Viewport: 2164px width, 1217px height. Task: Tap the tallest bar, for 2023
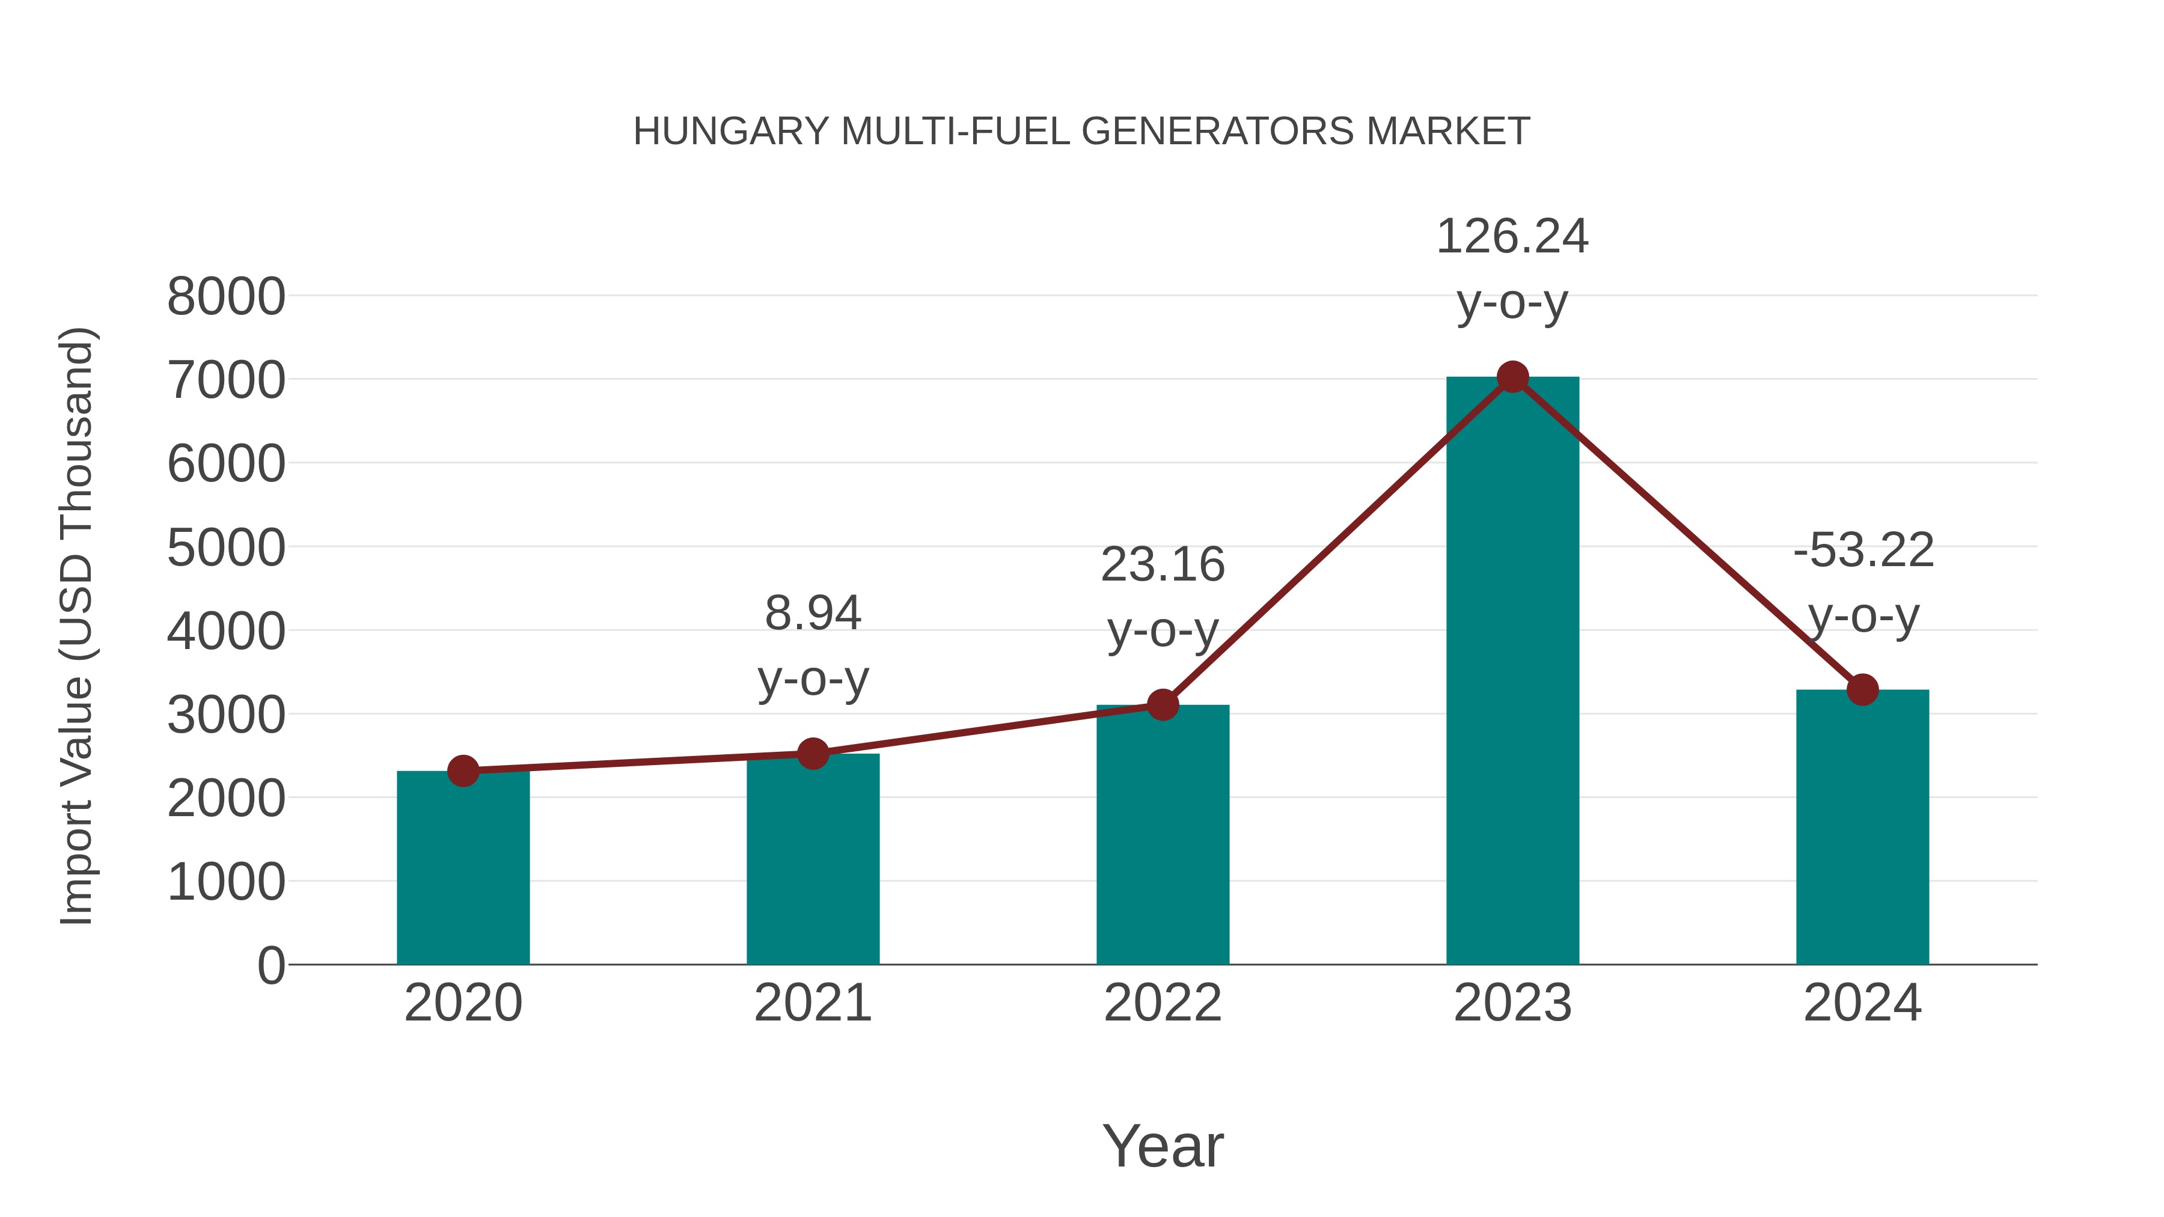(x=1512, y=672)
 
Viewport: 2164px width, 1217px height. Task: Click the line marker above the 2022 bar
(x=1163, y=705)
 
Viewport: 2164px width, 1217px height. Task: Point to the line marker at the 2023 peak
(x=1512, y=377)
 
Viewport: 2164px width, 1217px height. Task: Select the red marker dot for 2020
(x=463, y=770)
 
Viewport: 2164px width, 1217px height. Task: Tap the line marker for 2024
(x=1862, y=689)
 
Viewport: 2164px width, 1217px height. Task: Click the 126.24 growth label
(x=1512, y=237)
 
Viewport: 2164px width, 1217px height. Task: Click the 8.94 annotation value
(x=812, y=613)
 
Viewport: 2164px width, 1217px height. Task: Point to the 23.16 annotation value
(x=1163, y=564)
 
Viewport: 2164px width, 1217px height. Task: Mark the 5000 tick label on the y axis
(x=226, y=549)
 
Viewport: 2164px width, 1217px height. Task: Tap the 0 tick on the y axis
(x=270, y=966)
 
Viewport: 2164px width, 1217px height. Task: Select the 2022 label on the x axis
(x=1163, y=1003)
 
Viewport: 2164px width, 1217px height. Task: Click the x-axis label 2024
(x=1862, y=1003)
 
